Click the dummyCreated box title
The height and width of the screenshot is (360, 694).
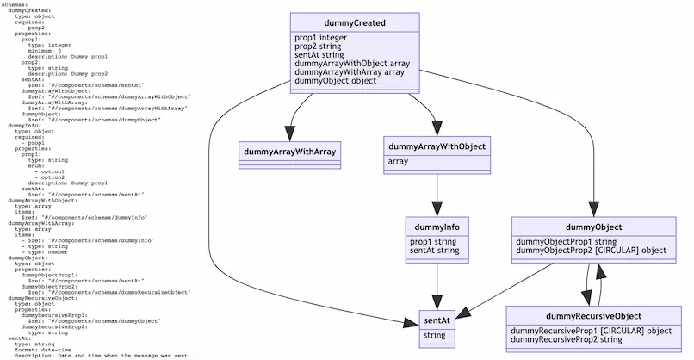[x=356, y=22]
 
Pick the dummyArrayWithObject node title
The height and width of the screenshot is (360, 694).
[x=437, y=146]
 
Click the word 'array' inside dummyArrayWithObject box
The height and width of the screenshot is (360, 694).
[x=399, y=161]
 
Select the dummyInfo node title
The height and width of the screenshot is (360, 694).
[x=437, y=227]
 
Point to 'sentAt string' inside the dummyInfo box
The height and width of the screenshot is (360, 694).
[x=435, y=251]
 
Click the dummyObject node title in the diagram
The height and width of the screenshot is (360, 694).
[x=594, y=227]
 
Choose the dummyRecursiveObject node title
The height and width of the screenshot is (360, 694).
[x=593, y=316]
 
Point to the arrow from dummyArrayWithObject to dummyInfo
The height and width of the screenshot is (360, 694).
[x=437, y=189]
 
